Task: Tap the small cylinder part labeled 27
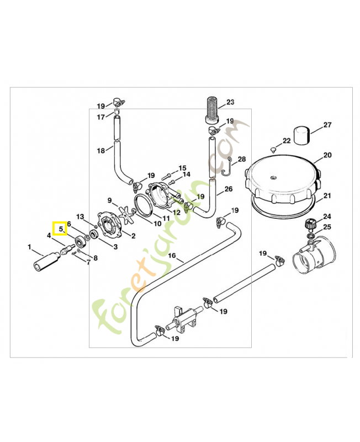tap(301, 134)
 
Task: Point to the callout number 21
tap(327, 196)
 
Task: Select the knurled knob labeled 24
tap(311, 224)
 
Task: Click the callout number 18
tap(100, 151)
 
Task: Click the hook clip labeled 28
tap(225, 165)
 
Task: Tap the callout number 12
tap(177, 212)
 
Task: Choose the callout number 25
tap(327, 227)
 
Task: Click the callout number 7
tap(87, 262)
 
